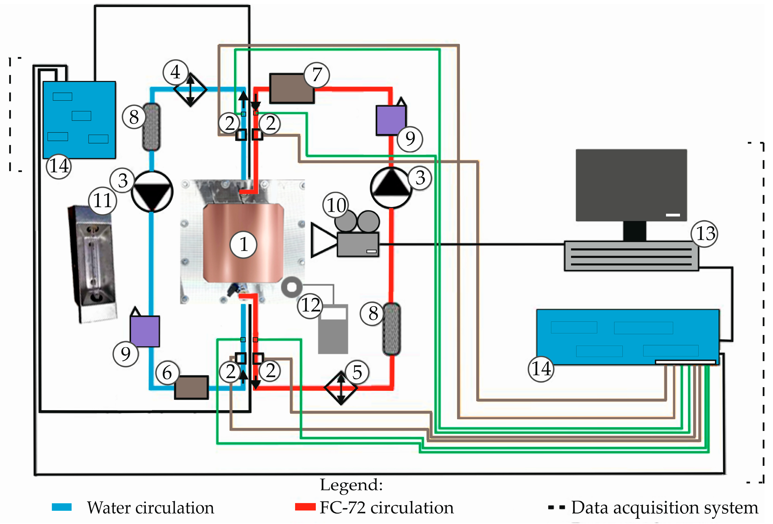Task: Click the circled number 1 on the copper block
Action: (244, 245)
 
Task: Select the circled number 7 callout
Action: (317, 75)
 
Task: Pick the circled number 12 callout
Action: (310, 305)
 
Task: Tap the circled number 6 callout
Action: (167, 373)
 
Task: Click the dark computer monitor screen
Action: (631, 185)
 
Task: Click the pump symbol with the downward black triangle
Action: (152, 192)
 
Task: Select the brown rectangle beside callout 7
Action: (292, 88)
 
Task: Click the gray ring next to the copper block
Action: (292, 287)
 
